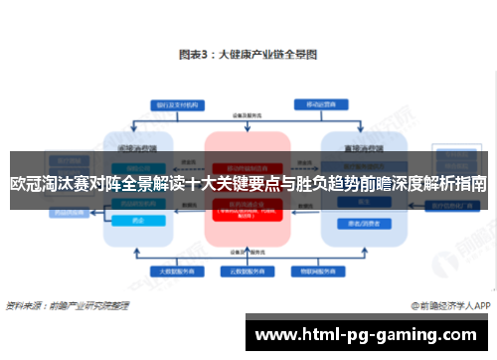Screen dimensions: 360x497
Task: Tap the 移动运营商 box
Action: pos(318,103)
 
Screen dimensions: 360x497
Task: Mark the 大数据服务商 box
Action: pos(174,270)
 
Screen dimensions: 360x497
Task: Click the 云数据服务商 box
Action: pos(248,270)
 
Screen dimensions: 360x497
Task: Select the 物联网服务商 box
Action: pos(322,270)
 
